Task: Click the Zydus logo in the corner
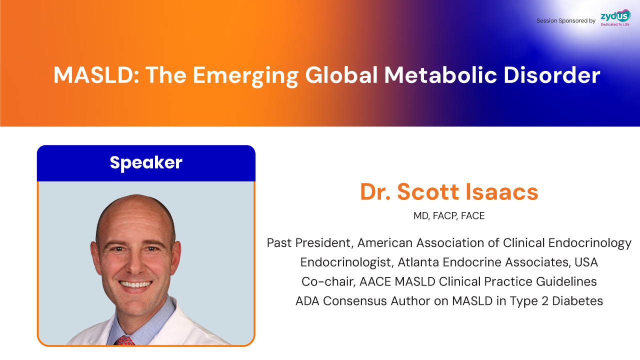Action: coord(615,17)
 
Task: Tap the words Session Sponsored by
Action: coord(565,21)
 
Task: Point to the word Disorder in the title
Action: coord(551,75)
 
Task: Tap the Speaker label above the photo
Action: coord(146,163)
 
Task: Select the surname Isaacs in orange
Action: coord(502,191)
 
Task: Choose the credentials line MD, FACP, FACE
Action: coord(449,215)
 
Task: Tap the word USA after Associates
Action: coord(586,262)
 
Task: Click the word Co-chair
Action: coord(328,281)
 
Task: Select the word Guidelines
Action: coord(566,281)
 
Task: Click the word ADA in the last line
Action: coord(307,301)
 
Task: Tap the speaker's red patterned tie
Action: coord(124,340)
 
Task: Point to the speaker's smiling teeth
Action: coord(135,284)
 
